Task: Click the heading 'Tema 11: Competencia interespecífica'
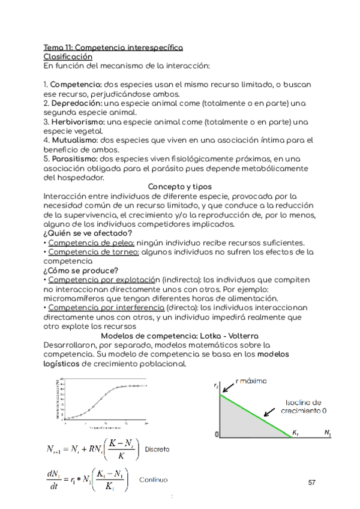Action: point(113,47)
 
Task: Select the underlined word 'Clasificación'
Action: point(67,56)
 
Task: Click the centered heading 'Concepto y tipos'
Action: point(179,187)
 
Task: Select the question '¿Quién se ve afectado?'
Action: point(88,233)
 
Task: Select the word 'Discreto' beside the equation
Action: point(157,449)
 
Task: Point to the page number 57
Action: point(311,483)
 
